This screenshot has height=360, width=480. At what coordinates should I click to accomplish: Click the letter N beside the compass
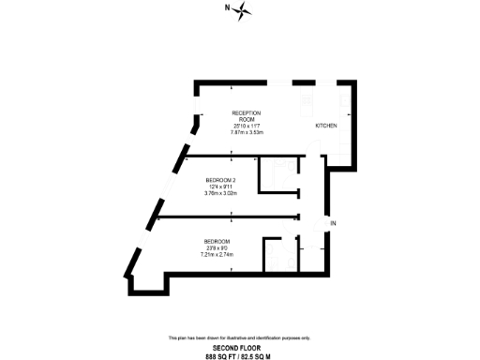pyautogui.click(x=226, y=8)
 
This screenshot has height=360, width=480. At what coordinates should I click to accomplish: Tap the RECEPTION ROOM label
pyautogui.click(x=246, y=115)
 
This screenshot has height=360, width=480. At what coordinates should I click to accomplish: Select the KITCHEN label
pyautogui.click(x=325, y=126)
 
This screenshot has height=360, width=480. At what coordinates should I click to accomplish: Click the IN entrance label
pyautogui.click(x=332, y=222)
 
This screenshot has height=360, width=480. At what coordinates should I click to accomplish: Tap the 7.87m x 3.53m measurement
pyautogui.click(x=246, y=132)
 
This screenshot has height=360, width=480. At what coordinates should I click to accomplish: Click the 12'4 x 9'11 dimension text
pyautogui.click(x=220, y=187)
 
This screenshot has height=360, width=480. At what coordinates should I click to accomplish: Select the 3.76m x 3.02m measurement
pyautogui.click(x=220, y=193)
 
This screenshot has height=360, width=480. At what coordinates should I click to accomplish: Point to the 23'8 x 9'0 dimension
pyautogui.click(x=217, y=247)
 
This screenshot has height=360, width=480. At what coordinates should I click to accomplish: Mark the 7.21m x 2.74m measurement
pyautogui.click(x=217, y=254)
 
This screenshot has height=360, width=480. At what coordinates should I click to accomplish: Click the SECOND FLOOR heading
pyautogui.click(x=239, y=347)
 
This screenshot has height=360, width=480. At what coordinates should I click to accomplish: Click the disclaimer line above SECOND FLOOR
pyautogui.click(x=239, y=337)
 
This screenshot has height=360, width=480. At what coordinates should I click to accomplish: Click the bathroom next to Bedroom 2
pyautogui.click(x=278, y=175)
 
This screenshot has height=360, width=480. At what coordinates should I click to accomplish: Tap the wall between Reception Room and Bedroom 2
pyautogui.click(x=234, y=151)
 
